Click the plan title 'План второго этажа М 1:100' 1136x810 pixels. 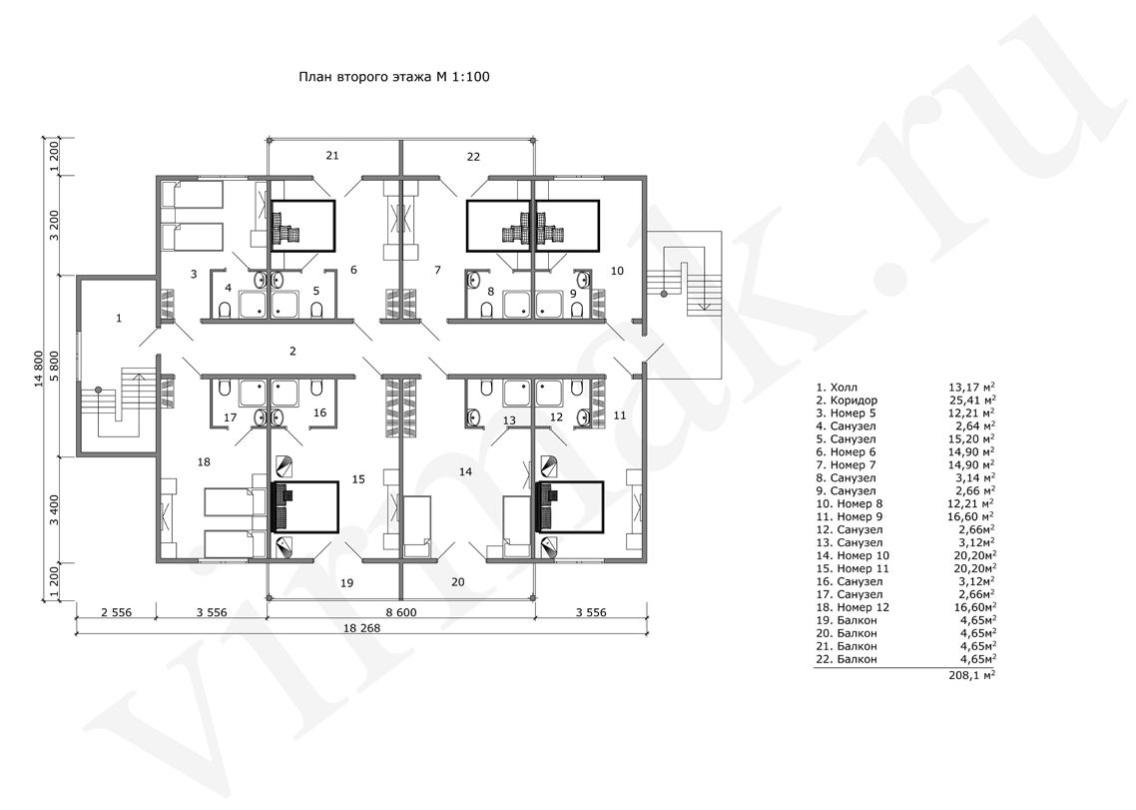click(394, 76)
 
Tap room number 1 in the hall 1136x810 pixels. click(119, 318)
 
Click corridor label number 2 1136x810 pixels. click(292, 351)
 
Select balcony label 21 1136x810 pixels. click(332, 155)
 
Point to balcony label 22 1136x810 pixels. click(473, 157)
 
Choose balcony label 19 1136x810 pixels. click(347, 583)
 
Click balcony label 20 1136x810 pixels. click(458, 581)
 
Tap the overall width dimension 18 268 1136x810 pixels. click(360, 628)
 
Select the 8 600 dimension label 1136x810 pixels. click(400, 612)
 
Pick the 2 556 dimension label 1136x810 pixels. click(116, 612)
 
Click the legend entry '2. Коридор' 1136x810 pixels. click(847, 401)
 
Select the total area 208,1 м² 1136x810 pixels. click(971, 674)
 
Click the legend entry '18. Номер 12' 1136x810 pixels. click(852, 607)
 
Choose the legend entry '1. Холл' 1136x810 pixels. click(837, 388)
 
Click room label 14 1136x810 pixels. click(466, 471)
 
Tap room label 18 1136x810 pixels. click(204, 461)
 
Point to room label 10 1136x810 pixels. click(617, 271)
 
